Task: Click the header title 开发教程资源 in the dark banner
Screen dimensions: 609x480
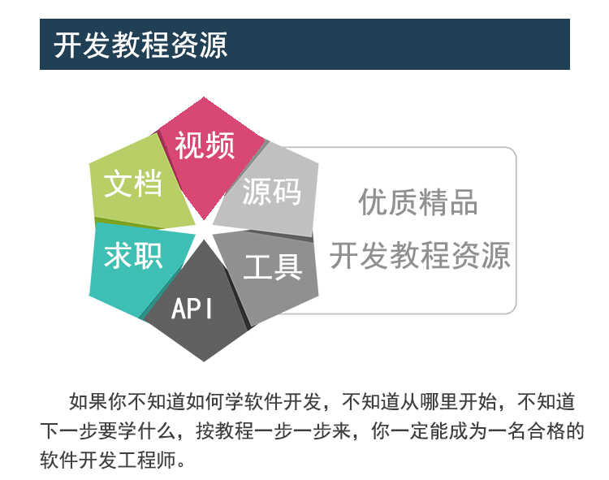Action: click(140, 45)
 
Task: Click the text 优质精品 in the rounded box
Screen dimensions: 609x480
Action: click(417, 202)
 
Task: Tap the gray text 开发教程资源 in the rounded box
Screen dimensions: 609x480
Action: click(420, 255)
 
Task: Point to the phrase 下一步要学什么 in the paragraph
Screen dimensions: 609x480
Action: click(107, 430)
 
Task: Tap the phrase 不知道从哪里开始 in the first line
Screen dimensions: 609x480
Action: click(419, 401)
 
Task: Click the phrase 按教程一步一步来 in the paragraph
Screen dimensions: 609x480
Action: click(273, 430)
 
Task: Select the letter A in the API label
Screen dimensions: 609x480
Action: click(177, 309)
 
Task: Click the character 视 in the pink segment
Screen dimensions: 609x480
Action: click(189, 145)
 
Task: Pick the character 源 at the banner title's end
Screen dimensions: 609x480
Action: click(214, 45)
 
